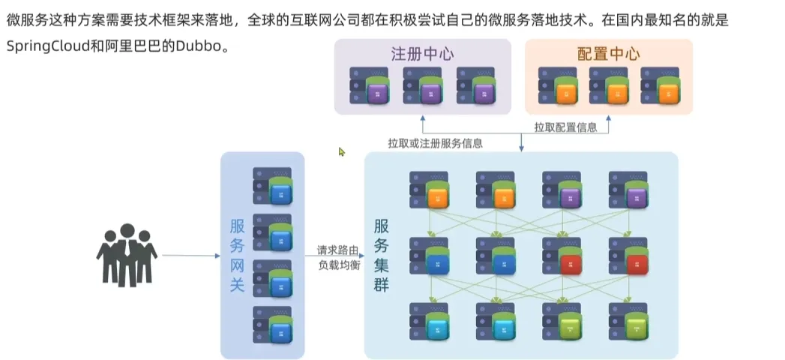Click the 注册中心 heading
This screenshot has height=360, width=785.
click(422, 54)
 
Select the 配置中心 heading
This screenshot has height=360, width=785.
click(608, 54)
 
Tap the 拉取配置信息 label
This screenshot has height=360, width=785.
click(565, 127)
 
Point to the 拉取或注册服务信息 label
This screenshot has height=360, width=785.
click(435, 143)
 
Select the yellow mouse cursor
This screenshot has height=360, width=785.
click(342, 151)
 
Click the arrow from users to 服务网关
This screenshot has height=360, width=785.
click(191, 256)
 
